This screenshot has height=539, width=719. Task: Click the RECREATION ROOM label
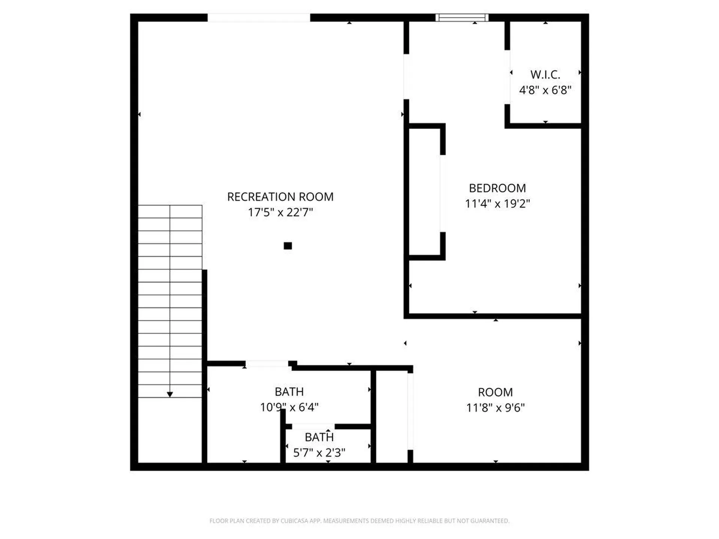280,197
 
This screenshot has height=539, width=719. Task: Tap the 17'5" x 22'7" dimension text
280,213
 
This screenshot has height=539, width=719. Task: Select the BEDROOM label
497,188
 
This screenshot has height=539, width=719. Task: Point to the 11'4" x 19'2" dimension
497,204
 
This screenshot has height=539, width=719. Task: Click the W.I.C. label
545,74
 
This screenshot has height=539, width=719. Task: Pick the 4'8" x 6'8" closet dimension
545,90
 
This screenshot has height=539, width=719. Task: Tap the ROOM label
495,392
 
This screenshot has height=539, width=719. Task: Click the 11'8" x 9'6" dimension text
495,408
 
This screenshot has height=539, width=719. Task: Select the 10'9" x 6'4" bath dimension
289,407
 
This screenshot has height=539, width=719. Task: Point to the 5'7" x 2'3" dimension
319,453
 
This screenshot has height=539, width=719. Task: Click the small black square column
288,246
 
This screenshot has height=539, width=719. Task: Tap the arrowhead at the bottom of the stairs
170,395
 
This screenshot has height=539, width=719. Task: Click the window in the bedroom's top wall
462,18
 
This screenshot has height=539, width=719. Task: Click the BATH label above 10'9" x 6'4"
289,392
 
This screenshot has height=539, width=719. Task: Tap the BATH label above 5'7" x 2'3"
319,437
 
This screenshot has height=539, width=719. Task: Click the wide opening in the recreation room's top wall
259,18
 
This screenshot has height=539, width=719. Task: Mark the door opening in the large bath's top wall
267,363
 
